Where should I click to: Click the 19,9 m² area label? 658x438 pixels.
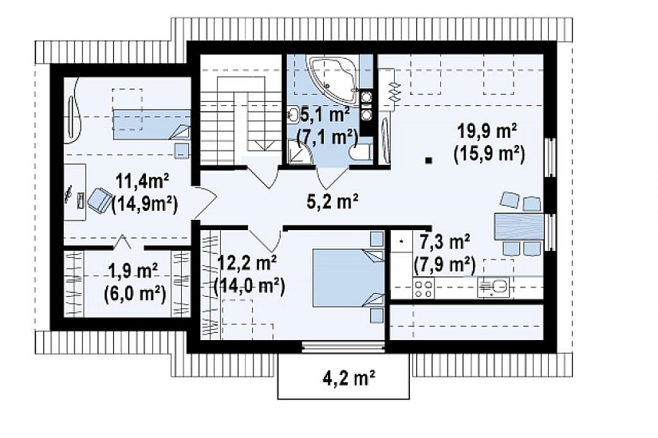(x=487, y=131)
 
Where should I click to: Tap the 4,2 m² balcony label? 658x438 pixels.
(x=349, y=378)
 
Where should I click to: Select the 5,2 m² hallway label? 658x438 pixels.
(x=333, y=201)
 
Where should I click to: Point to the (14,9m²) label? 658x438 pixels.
(x=145, y=205)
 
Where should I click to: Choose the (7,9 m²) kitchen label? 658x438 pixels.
(x=444, y=264)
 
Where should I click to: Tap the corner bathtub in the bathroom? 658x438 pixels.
(x=333, y=80)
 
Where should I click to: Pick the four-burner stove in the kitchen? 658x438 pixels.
(x=424, y=288)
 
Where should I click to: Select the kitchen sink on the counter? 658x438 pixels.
(x=494, y=287)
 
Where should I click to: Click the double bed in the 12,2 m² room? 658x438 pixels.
(x=349, y=278)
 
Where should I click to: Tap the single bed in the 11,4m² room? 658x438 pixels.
(x=151, y=124)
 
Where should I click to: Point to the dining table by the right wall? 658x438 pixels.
(x=519, y=227)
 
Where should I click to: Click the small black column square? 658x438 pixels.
(x=428, y=160)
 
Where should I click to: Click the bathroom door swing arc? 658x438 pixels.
(x=332, y=178)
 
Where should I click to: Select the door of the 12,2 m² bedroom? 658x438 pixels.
(x=266, y=240)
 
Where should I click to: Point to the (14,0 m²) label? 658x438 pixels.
(x=250, y=286)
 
